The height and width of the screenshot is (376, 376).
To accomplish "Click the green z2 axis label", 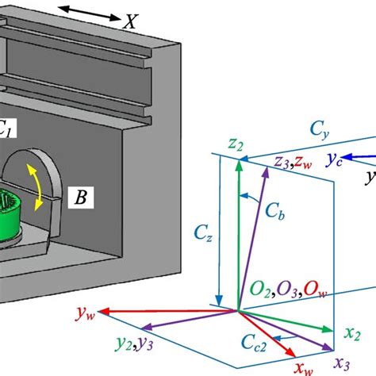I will point(233,145).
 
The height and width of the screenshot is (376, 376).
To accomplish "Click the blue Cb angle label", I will point(274,213).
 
